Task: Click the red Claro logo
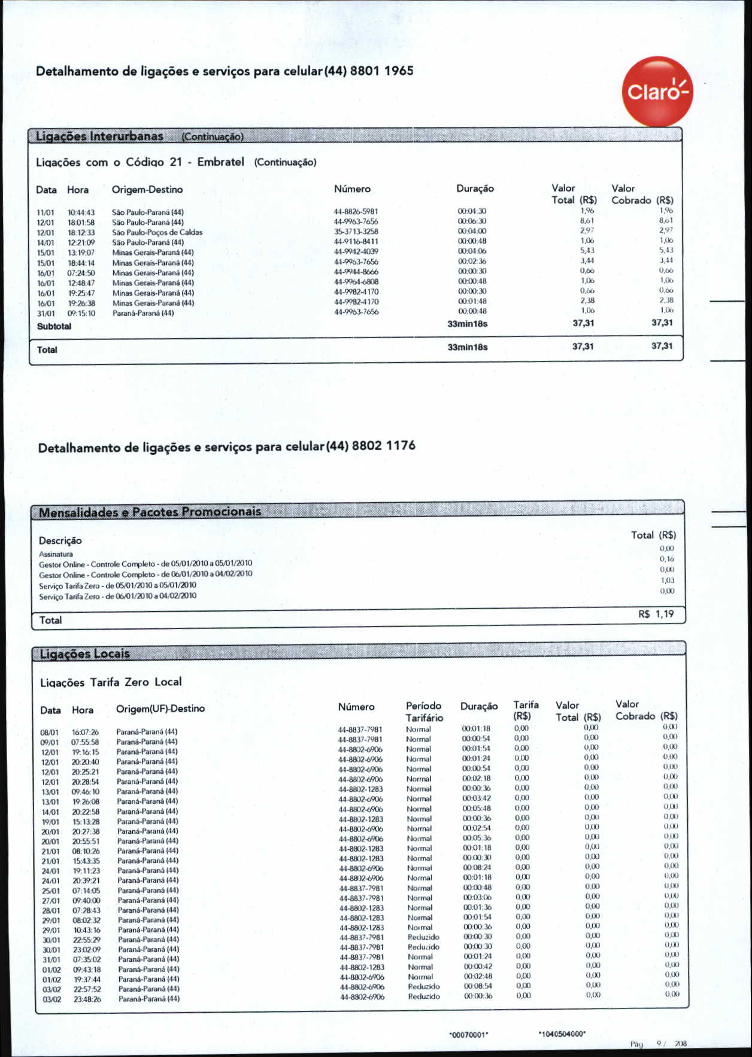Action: [657, 92]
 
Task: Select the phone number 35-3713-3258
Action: [356, 232]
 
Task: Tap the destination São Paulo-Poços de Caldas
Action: [157, 232]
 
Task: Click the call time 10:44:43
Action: [81, 212]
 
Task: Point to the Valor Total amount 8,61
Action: [586, 221]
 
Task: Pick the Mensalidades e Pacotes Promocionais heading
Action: [150, 512]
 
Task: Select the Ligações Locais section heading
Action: [84, 654]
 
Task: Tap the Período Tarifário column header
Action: [424, 712]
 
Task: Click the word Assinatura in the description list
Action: [56, 554]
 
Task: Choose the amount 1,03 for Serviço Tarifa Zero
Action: [666, 580]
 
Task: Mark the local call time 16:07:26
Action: [85, 732]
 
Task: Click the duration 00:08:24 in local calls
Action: [477, 867]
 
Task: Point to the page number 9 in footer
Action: [659, 1043]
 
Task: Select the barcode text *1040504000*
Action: [562, 1033]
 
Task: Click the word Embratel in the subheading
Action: [220, 162]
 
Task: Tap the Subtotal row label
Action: [54, 326]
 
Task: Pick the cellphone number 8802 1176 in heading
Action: [383, 446]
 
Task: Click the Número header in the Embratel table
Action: [352, 189]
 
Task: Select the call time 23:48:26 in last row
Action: [87, 999]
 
